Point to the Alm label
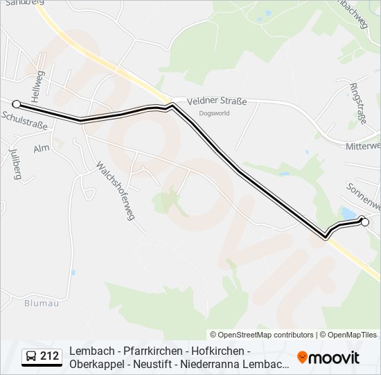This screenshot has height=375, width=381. coord(42,149)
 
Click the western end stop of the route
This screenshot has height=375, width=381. coord(17,104)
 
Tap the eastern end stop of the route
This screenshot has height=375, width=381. coord(365,222)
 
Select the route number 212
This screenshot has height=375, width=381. coord(49,356)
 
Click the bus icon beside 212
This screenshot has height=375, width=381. coord(31,357)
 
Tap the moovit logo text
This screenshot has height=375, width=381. coord(334,358)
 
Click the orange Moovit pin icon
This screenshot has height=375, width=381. coord(302,357)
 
